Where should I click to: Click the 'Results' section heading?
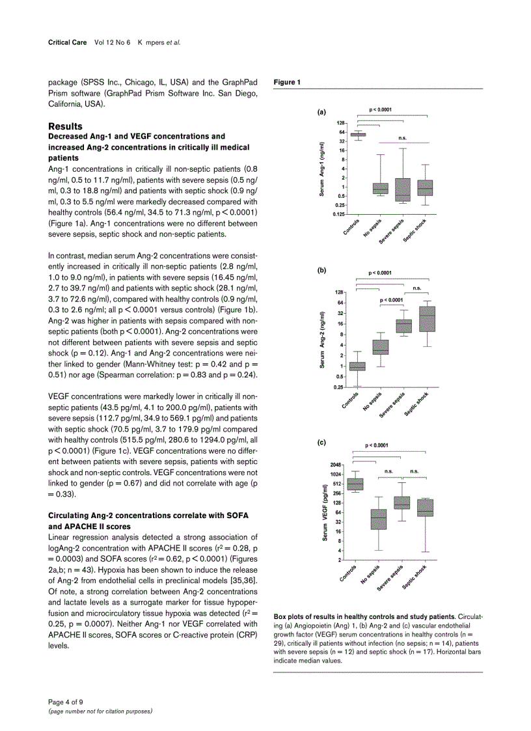pyautogui.click(x=65, y=126)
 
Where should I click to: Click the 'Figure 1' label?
pyautogui.click(x=287, y=82)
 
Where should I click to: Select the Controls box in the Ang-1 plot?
pyautogui.click(x=358, y=135)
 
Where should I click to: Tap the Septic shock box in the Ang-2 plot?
pyautogui.click(x=428, y=319)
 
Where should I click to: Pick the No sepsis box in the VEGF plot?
pyautogui.click(x=379, y=519)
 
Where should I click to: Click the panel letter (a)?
pyautogui.click(x=321, y=112)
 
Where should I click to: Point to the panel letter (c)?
pyautogui.click(x=321, y=442)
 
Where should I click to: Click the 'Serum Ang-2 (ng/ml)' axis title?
pyautogui.click(x=322, y=340)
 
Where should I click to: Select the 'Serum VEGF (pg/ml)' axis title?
pyautogui.click(x=325, y=513)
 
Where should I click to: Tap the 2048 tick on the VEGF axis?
pyautogui.click(x=335, y=465)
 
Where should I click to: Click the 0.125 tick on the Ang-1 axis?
pyautogui.click(x=338, y=214)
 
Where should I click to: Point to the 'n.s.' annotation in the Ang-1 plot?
pyautogui.click(x=402, y=138)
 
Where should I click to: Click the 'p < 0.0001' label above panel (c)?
pyautogui.click(x=377, y=445)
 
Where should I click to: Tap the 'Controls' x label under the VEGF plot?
pyautogui.click(x=349, y=573)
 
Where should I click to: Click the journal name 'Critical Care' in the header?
pyautogui.click(x=68, y=42)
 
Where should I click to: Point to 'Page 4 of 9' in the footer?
pyautogui.click(x=66, y=702)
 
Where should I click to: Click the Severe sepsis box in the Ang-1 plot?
pyautogui.click(x=403, y=189)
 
